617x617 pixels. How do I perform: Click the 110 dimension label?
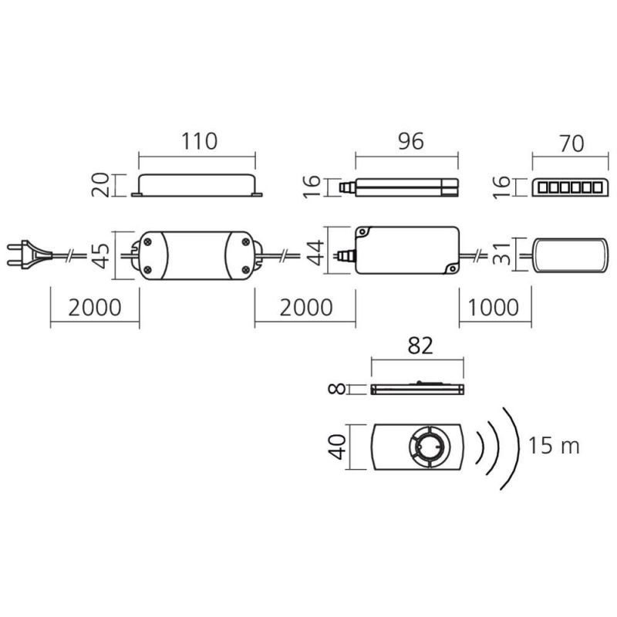coord(199,141)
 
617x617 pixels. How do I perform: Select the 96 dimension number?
coord(411,141)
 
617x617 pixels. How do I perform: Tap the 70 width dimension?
coord(571,143)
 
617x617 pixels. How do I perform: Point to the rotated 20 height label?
coord(100,185)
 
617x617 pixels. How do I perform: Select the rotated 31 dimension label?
coord(501,254)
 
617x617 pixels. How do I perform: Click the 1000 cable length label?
coord(494,307)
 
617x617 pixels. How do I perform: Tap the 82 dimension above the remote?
coord(420,346)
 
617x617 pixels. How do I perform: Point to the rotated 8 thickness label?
coord(337,389)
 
